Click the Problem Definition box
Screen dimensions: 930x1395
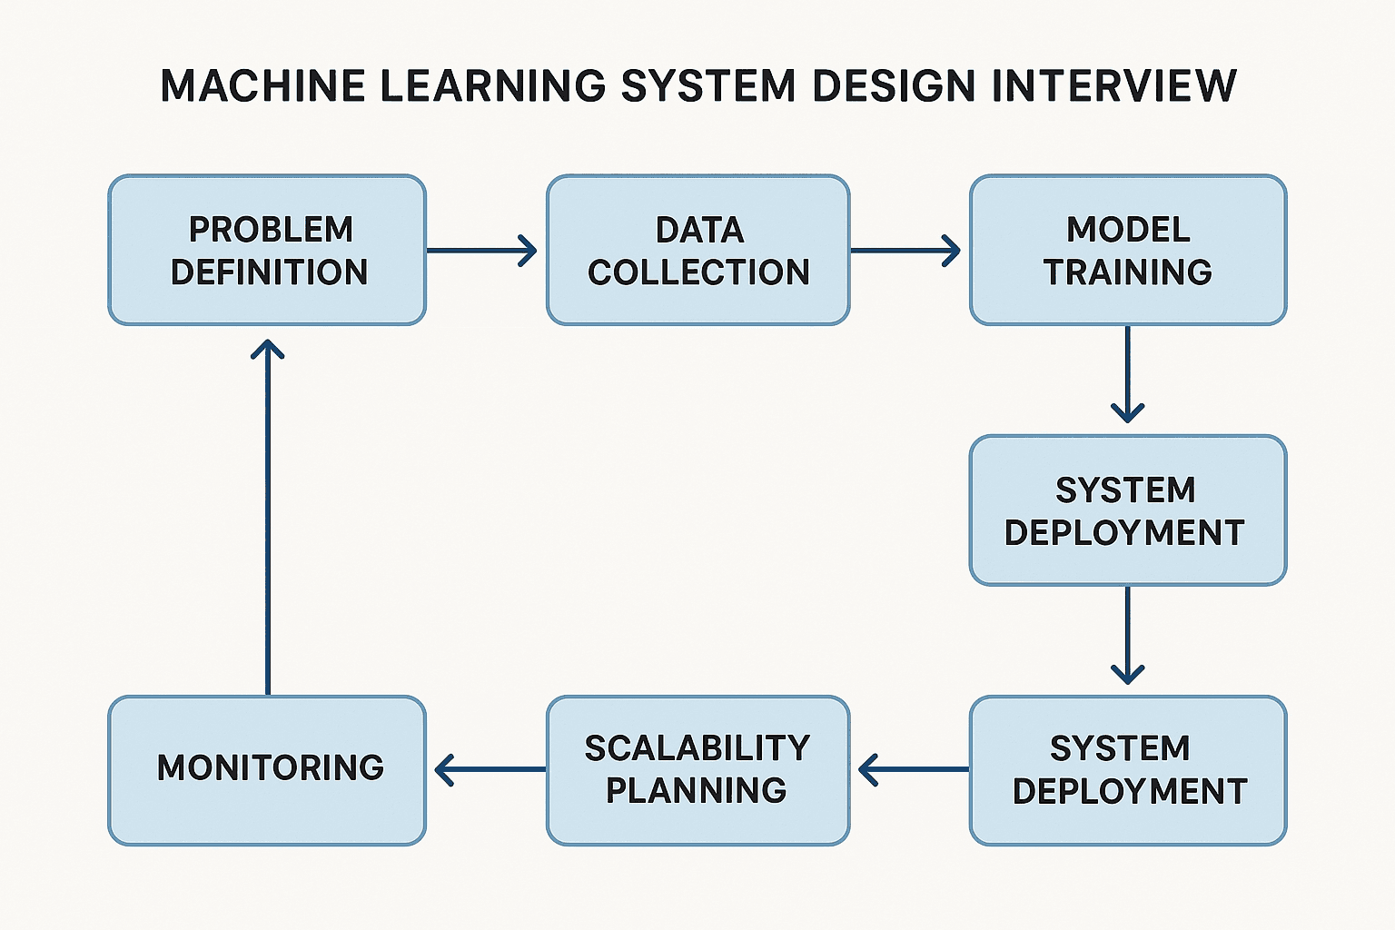pos(267,250)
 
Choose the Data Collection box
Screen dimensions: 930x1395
pos(697,250)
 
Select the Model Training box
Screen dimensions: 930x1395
pos(1128,250)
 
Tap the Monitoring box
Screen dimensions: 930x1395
pos(267,770)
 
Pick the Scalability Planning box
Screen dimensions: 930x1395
pos(697,770)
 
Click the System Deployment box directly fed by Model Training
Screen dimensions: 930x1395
pos(1128,510)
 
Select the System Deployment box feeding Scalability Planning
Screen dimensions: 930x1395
pos(1128,770)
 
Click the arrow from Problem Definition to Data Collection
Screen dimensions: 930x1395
pos(481,250)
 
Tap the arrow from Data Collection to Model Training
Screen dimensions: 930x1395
pos(905,250)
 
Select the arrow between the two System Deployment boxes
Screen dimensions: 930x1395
pos(1127,635)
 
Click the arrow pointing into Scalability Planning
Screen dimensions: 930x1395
pos(913,769)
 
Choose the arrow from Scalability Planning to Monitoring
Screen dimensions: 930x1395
pos(490,769)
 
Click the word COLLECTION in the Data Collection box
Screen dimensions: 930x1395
pos(697,272)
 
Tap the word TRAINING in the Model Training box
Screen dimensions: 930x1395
pos(1128,272)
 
